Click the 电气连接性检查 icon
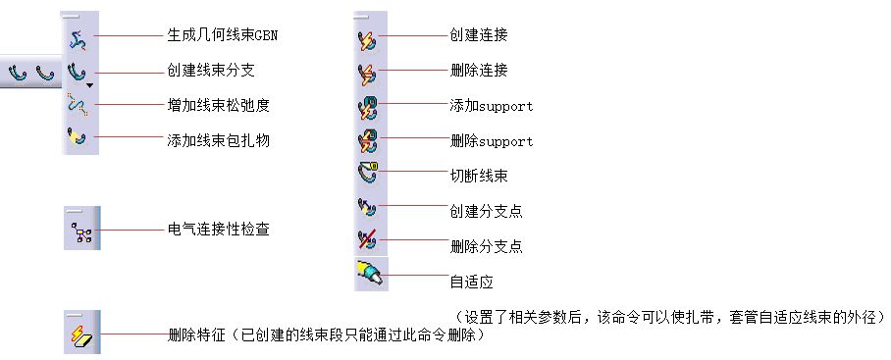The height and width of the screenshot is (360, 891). (80, 231)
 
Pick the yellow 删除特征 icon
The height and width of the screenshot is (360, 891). (80, 334)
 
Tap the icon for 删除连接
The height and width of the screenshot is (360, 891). (368, 72)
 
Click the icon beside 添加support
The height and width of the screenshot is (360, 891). (368, 106)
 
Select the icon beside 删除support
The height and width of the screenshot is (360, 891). (368, 140)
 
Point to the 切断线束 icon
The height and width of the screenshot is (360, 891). (368, 175)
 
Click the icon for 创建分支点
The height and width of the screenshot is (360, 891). (368, 209)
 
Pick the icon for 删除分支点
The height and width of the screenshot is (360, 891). (368, 242)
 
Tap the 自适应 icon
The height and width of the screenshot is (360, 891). (370, 276)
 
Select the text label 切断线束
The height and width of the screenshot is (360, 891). (479, 177)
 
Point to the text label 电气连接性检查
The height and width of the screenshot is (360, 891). (219, 231)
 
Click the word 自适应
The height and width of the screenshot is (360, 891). (471, 283)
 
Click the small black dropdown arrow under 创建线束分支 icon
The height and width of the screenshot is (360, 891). (89, 86)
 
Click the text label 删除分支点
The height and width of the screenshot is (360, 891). (486, 246)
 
